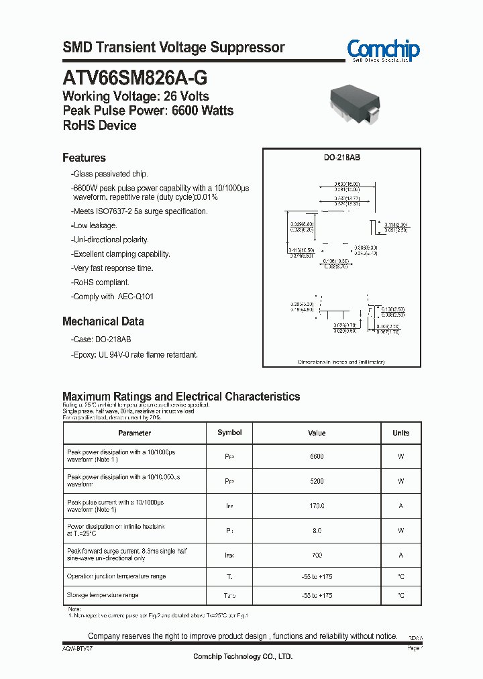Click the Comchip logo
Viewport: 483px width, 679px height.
pyautogui.click(x=383, y=50)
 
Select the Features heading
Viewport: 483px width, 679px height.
pyautogui.click(x=84, y=158)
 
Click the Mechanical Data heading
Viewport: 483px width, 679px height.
pyautogui.click(x=103, y=321)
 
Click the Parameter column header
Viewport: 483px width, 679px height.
pyautogui.click(x=134, y=433)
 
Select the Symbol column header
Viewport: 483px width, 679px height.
pyautogui.click(x=229, y=433)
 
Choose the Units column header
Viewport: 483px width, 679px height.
pyautogui.click(x=400, y=433)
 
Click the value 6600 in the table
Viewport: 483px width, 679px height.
pyautogui.click(x=317, y=457)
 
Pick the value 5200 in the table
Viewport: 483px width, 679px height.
pyautogui.click(x=317, y=481)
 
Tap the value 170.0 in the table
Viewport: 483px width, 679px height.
pyautogui.click(x=317, y=506)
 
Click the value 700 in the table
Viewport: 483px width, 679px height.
pyautogui.click(x=317, y=555)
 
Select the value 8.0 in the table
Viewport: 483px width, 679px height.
pyautogui.click(x=317, y=531)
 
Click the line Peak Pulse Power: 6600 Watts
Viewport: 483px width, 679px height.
pyautogui.click(x=148, y=111)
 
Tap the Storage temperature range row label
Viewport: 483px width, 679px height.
pyautogui.click(x=103, y=595)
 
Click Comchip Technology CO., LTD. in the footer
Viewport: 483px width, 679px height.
pyautogui.click(x=243, y=657)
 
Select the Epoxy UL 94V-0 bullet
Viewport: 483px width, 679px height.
pyautogui.click(x=134, y=354)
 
